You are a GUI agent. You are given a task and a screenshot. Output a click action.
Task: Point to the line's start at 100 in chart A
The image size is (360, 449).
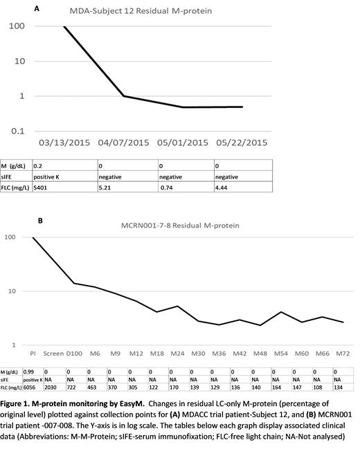coord(64,26)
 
